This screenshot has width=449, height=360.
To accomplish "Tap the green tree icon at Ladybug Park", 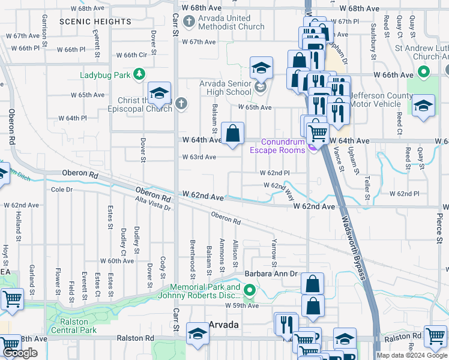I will pos(139,74).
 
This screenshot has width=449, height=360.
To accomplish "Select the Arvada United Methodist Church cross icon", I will pos(190,23).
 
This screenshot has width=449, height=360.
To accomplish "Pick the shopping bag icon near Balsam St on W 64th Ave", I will pos(232,134).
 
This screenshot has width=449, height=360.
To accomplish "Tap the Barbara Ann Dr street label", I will pos(271,274).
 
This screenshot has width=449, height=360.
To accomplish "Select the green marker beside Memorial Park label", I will pos(250,291).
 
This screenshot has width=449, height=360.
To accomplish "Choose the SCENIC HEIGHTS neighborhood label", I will pos(95,22).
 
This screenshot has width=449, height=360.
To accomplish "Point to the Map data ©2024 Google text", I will pos(411,355).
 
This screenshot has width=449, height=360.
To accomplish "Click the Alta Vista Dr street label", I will pos(152,204).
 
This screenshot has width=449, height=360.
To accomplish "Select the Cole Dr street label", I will pos(62,189).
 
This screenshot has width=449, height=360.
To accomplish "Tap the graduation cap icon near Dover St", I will pos(159,94).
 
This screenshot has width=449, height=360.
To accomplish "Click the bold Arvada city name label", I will pos(224,325).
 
